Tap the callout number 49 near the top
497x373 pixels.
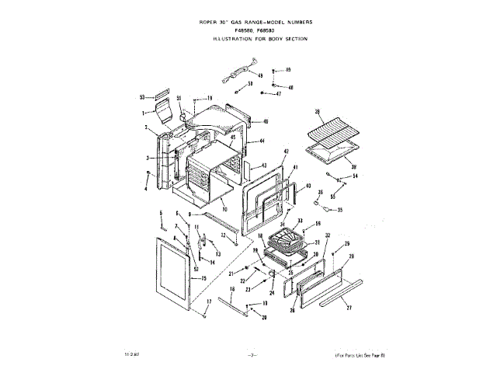(x=260, y=75)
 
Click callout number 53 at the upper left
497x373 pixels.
(x=142, y=97)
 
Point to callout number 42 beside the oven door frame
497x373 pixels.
(x=286, y=151)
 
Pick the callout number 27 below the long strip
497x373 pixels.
(x=349, y=308)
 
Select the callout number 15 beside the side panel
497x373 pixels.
(x=204, y=278)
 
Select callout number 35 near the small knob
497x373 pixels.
(x=339, y=210)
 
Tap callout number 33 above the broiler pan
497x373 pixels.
(x=300, y=221)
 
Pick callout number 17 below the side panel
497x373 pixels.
(x=208, y=301)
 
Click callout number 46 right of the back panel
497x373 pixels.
(x=265, y=122)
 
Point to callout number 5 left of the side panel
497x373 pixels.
(x=161, y=213)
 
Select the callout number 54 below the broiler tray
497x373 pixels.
(x=355, y=176)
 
